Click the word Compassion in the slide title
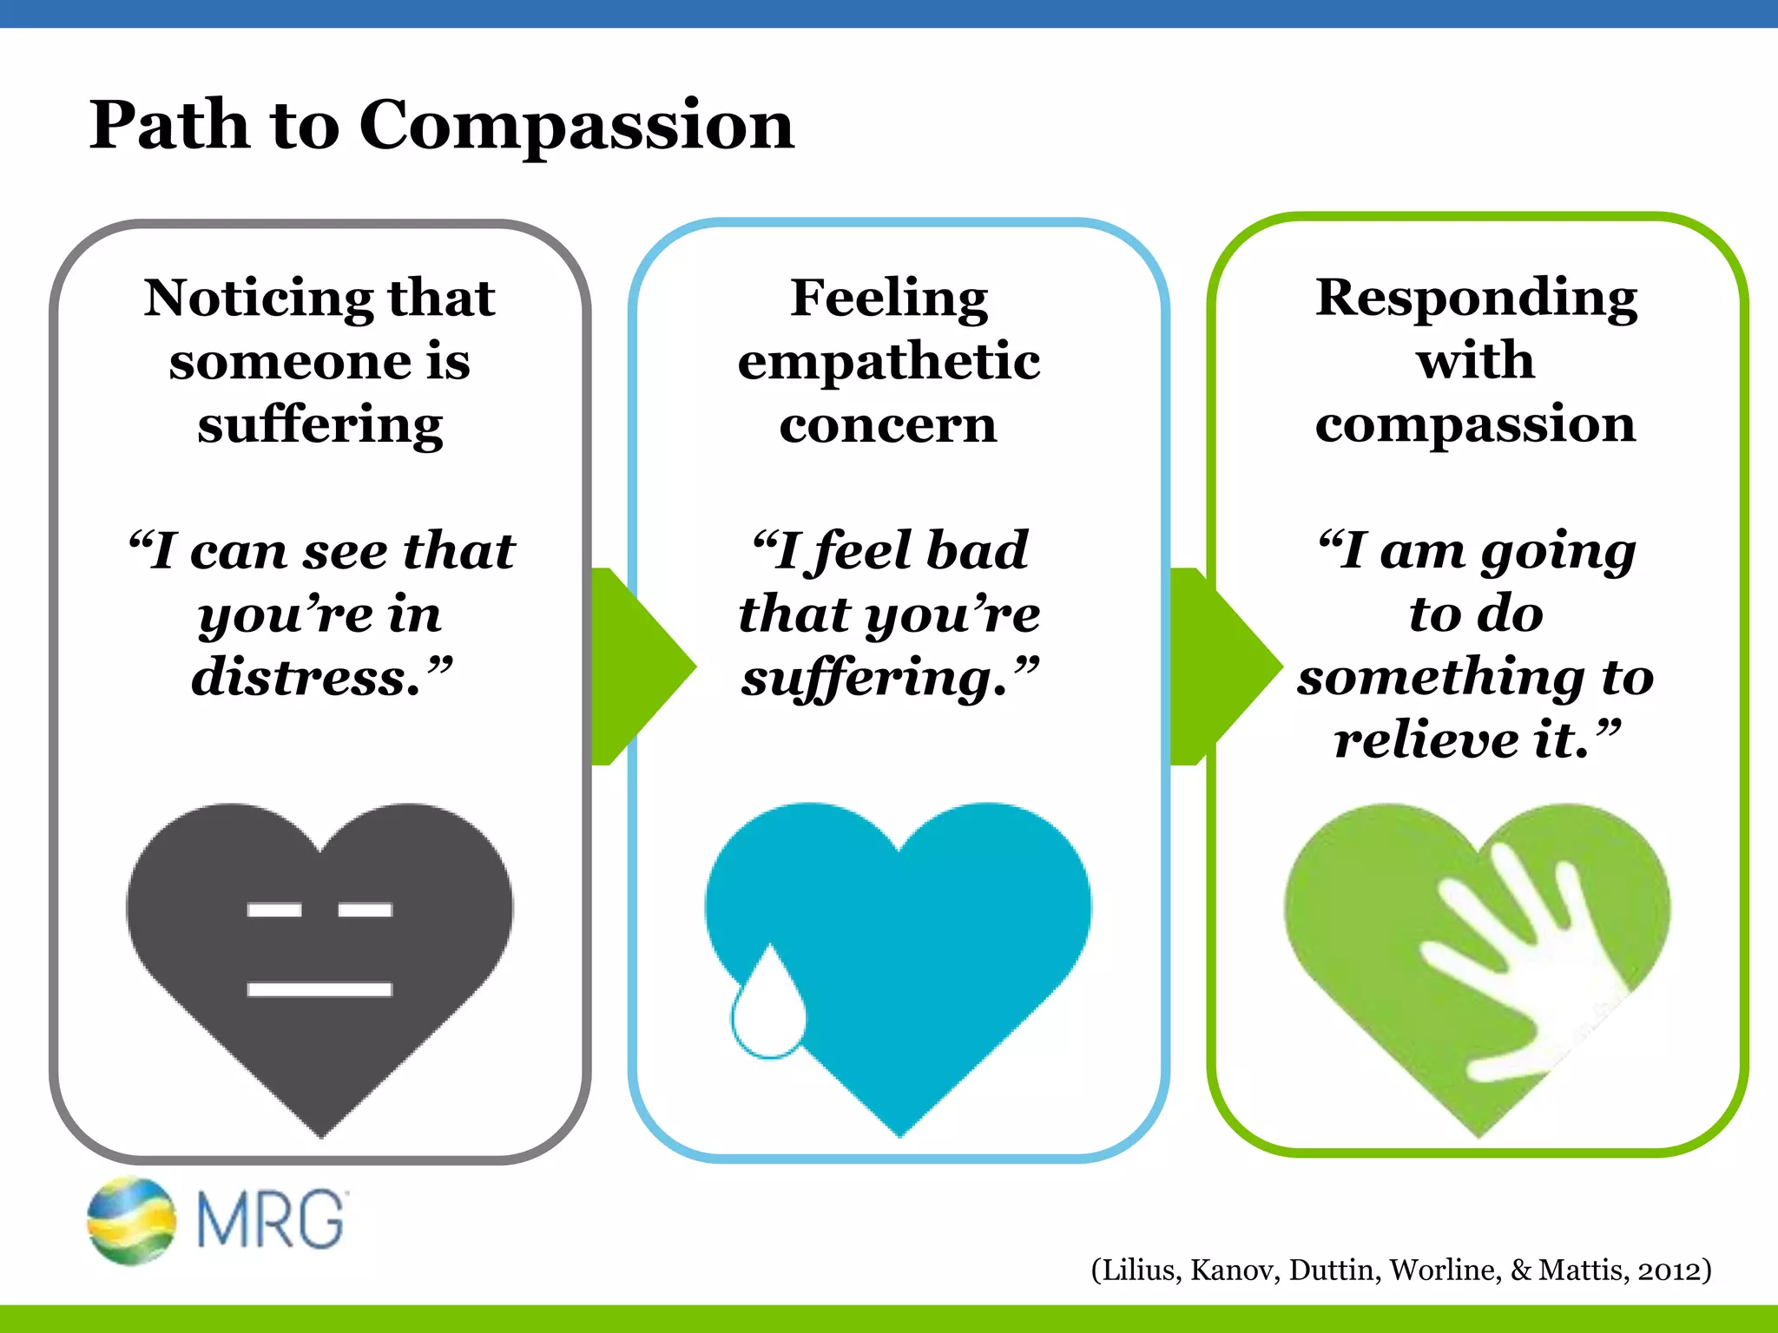point(576,126)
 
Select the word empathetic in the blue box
point(889,362)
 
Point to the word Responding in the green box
point(1476,298)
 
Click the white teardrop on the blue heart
point(767,1007)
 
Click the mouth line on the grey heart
point(319,989)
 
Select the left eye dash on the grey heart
point(274,910)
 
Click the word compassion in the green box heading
point(1476,425)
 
